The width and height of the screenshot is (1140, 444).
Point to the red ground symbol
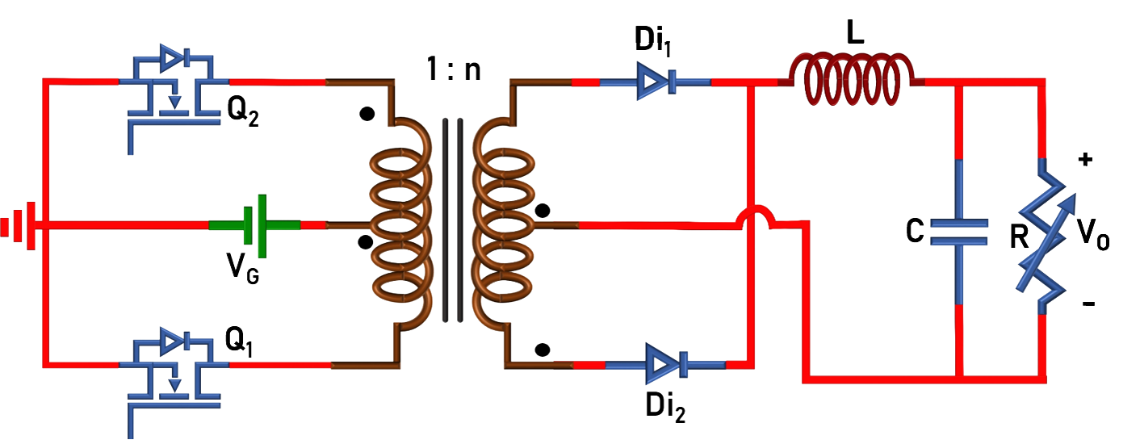[x=18, y=224]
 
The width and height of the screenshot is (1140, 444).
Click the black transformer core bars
[x=452, y=220]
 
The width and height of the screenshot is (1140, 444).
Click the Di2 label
[x=665, y=407]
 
